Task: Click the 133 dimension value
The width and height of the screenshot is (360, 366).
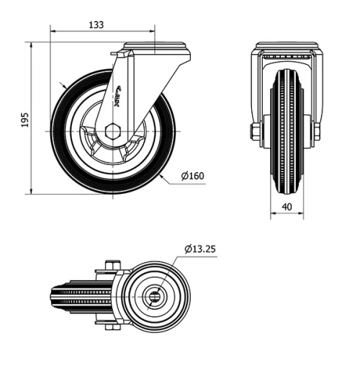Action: (95, 24)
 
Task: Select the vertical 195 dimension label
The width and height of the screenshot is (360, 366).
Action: (24, 119)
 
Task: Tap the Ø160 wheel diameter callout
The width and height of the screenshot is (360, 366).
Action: (193, 175)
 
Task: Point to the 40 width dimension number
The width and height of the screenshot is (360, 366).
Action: (287, 207)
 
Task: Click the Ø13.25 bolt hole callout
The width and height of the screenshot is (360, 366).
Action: (200, 249)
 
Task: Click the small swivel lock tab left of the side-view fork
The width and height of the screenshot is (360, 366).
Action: (113, 55)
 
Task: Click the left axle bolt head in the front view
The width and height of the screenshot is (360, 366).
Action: (255, 131)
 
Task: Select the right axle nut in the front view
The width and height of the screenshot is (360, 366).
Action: (316, 131)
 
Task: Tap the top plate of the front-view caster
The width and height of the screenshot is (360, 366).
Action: (286, 47)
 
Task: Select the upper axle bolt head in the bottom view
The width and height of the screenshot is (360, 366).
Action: (109, 265)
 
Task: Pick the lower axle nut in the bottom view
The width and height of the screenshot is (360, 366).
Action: (109, 327)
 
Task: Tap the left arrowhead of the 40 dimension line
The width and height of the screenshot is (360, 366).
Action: (272, 215)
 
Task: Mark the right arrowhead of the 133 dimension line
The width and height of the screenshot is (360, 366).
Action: (153, 32)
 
